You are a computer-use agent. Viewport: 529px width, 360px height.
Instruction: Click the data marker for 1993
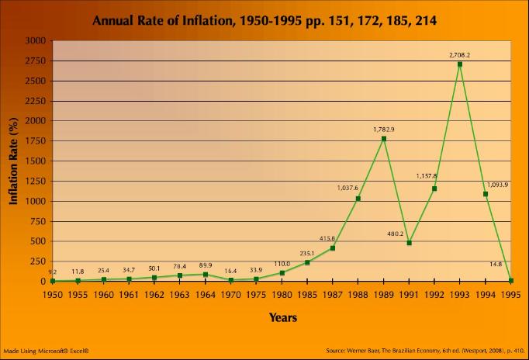tap(460, 64)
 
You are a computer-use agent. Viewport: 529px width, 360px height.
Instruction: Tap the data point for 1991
tap(409, 243)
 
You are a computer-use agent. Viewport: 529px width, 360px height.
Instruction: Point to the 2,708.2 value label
tap(460, 55)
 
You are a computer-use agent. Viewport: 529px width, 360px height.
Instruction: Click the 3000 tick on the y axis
tap(34, 40)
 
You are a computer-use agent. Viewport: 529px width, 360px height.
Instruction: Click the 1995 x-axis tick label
tap(510, 295)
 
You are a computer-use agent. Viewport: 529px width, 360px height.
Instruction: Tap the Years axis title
tap(282, 317)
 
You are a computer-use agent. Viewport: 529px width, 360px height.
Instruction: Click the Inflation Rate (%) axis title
tap(13, 161)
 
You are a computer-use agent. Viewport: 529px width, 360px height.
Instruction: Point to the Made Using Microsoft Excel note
tap(47, 351)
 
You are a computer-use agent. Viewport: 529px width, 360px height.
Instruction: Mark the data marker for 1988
tap(358, 199)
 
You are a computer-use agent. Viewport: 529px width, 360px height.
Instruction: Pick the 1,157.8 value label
tap(427, 176)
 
